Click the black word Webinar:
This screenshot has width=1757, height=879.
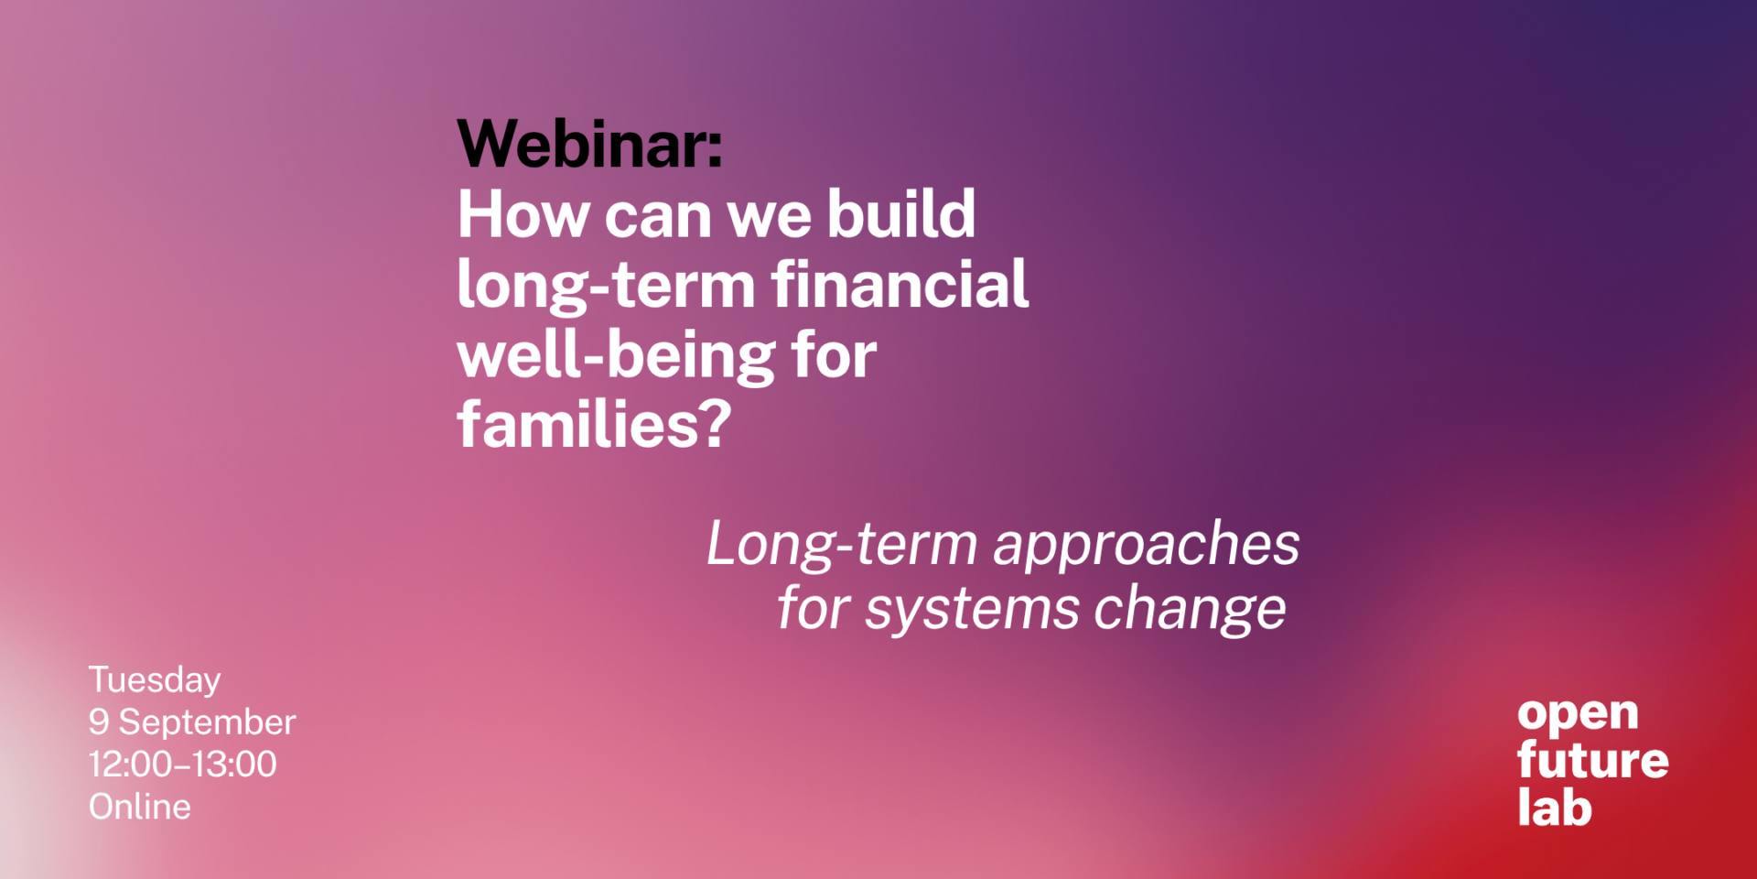(x=590, y=144)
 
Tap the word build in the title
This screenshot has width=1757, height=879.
(x=901, y=213)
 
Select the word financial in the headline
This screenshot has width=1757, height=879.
(x=900, y=284)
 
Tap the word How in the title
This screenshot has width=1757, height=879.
(x=523, y=214)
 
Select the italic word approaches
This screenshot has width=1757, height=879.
(x=1147, y=547)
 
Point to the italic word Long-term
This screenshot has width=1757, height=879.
(x=843, y=545)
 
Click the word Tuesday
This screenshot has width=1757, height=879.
(x=155, y=680)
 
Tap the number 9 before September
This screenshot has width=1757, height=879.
(x=99, y=722)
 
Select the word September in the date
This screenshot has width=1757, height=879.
(x=208, y=723)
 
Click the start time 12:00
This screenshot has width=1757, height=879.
(x=131, y=765)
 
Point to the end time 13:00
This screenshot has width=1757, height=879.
(x=234, y=765)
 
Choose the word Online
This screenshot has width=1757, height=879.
(x=140, y=807)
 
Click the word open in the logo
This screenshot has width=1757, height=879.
(x=1578, y=715)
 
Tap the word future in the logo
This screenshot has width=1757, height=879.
(x=1593, y=760)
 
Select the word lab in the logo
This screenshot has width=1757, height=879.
(x=1555, y=807)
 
